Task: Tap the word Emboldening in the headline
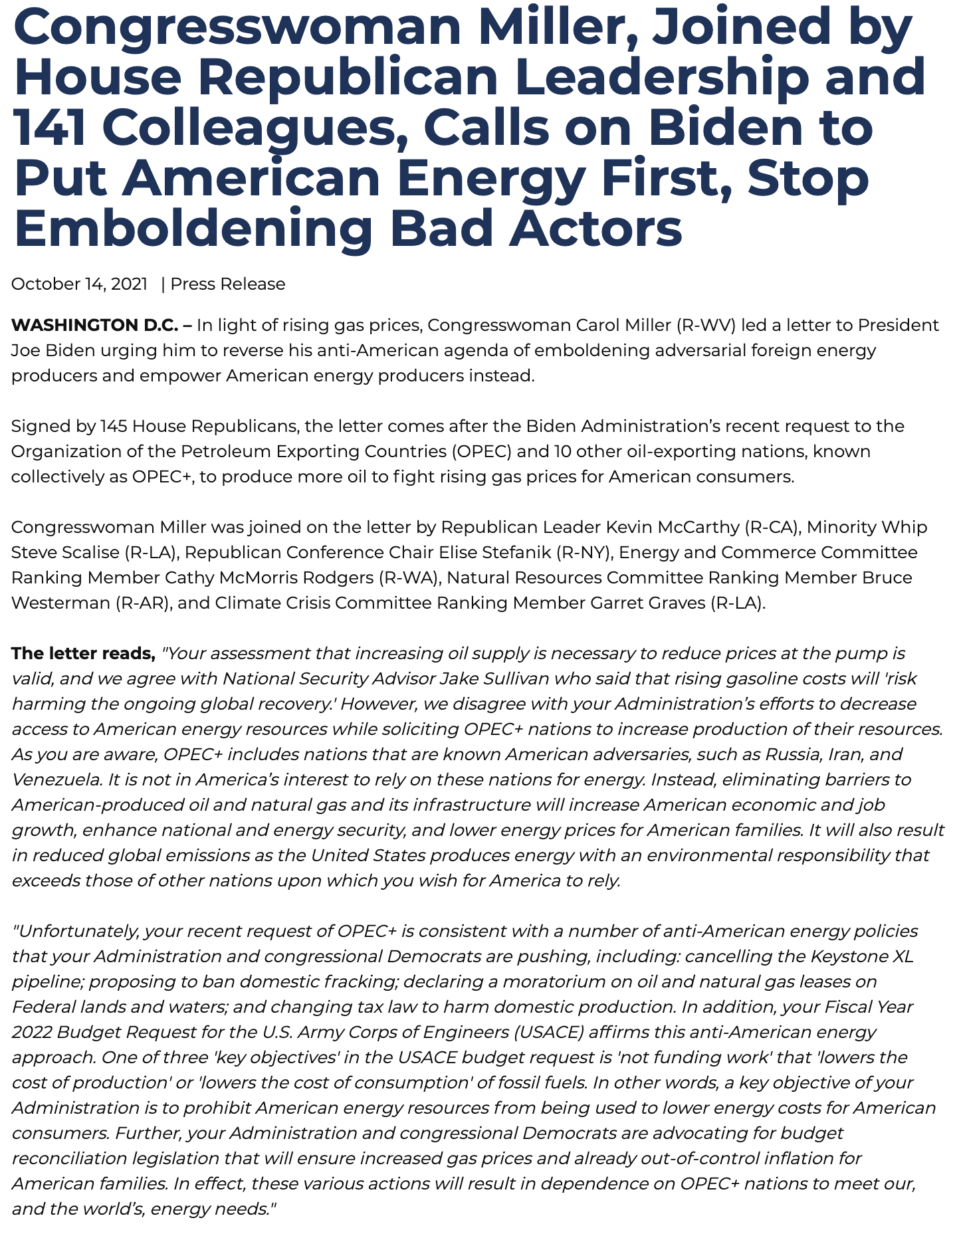tap(193, 228)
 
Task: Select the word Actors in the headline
tap(595, 228)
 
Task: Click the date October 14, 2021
tap(79, 284)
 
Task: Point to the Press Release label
tap(228, 284)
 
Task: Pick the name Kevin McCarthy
tap(672, 528)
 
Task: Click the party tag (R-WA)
tap(408, 578)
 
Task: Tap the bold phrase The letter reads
tap(83, 654)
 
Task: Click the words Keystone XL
tap(862, 957)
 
